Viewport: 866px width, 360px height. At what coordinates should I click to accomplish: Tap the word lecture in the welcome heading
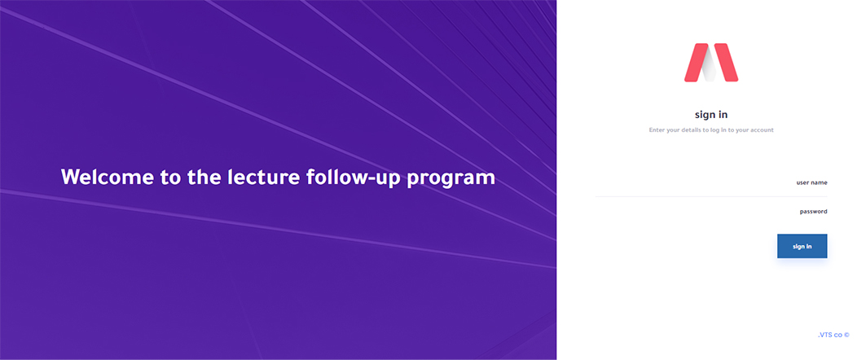click(262, 178)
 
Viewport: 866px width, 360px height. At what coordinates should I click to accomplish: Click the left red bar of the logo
click(696, 63)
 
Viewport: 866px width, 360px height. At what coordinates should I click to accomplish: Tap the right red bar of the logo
click(726, 63)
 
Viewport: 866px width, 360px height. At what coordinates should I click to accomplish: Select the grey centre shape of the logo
click(710, 66)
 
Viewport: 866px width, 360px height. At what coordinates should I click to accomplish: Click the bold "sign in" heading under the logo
click(711, 115)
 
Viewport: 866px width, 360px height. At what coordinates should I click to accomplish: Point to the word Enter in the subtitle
click(657, 130)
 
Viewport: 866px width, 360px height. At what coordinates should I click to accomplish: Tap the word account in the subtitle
click(763, 130)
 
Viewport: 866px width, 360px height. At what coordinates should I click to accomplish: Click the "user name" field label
click(812, 182)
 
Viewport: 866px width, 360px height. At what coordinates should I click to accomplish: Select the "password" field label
click(814, 212)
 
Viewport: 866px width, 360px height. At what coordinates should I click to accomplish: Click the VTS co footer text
click(830, 335)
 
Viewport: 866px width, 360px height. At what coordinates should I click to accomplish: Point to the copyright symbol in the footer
click(846, 335)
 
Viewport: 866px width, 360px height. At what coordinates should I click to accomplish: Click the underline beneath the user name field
click(711, 196)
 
